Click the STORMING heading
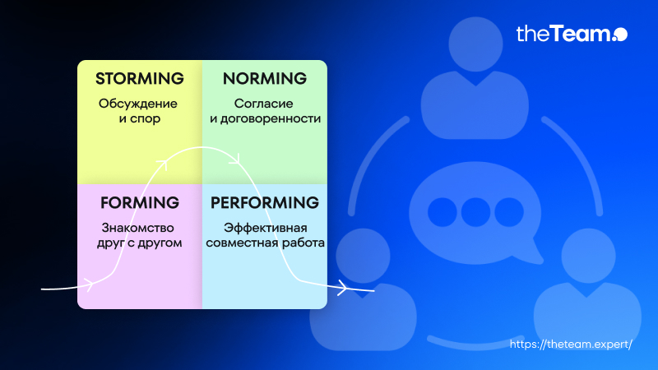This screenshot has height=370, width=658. coord(139,78)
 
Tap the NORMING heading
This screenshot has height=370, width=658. coord(264,78)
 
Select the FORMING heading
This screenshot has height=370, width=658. coord(139,202)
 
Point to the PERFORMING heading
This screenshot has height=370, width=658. coord(264,202)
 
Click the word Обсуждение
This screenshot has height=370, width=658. coord(137,104)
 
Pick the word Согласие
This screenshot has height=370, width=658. coord(263,104)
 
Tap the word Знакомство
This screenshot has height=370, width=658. coord(137,228)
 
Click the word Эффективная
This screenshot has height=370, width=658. coord(265,228)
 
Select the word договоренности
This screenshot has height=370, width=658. coord(271,118)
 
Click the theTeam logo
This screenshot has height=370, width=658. coord(572,34)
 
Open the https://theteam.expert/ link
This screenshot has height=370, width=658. coord(571,344)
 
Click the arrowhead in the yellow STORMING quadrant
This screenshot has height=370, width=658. coord(163,164)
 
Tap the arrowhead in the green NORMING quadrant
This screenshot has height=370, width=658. coord(235,160)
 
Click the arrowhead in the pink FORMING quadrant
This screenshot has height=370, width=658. coord(89,284)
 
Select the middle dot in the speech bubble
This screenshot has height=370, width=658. coord(475,212)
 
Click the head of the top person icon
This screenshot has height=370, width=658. coord(475,44)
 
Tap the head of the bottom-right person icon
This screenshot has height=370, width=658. coord(588,256)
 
